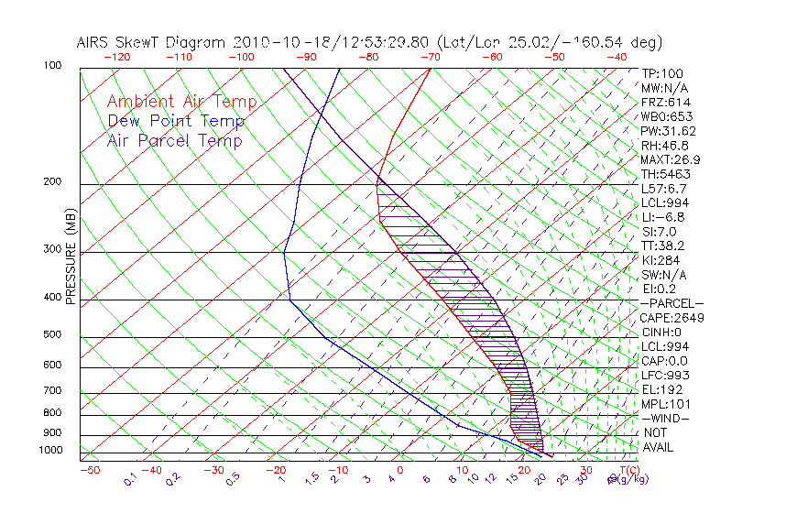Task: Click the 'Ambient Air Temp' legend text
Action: point(181,102)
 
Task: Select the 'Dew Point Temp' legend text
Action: point(176,121)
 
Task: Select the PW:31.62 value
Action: point(668,131)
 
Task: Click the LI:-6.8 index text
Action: point(662,217)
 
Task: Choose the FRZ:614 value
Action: point(661,102)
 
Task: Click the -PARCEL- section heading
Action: point(671,303)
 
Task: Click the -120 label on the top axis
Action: point(116,57)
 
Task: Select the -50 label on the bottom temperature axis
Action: point(89,470)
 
